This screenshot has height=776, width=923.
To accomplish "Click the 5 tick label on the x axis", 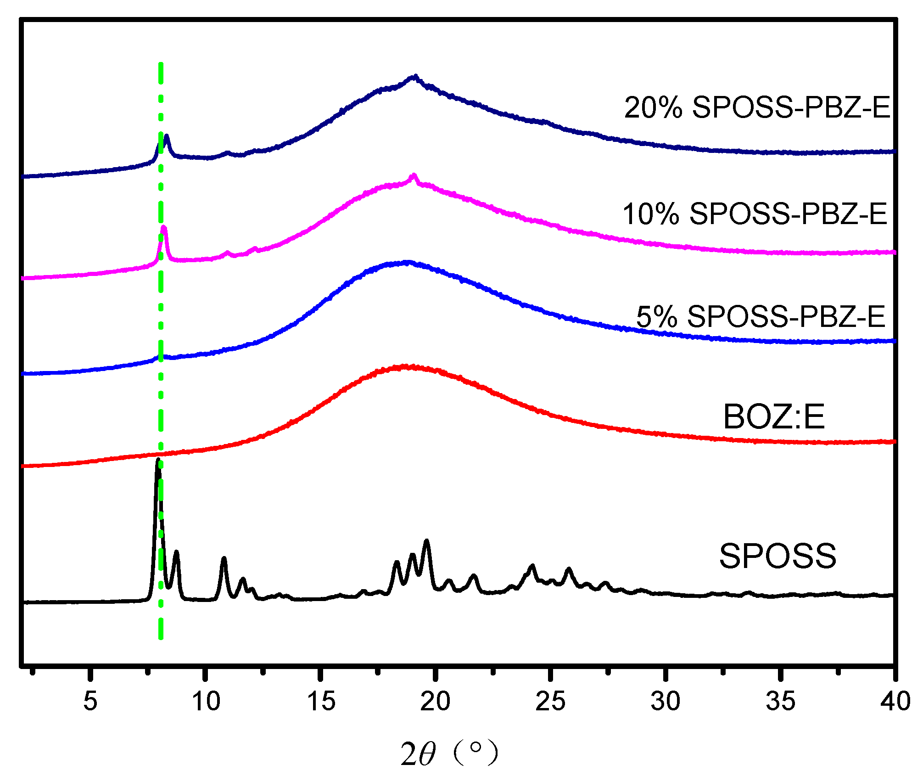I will click(x=90, y=702).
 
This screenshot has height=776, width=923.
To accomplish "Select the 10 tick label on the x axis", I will click(x=206, y=702).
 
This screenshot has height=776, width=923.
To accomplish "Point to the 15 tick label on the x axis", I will click(x=321, y=702).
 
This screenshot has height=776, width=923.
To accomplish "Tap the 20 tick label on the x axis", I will click(x=436, y=702).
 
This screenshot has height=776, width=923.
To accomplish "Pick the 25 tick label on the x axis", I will click(x=550, y=702).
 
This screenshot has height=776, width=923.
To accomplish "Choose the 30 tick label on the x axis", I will click(x=666, y=702).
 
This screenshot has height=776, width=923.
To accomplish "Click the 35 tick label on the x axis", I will click(x=780, y=702).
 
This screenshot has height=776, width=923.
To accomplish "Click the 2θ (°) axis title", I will click(x=449, y=753).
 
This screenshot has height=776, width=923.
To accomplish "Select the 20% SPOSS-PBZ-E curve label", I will click(x=757, y=108).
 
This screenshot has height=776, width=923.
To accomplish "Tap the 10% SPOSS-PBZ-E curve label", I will click(x=755, y=214).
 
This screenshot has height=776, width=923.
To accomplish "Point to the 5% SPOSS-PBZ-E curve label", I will click(x=761, y=316).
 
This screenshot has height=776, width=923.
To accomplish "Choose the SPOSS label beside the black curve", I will click(x=778, y=556).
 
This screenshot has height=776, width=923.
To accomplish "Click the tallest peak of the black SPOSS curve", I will click(x=158, y=460).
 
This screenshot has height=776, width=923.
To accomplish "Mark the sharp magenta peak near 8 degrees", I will click(x=164, y=227).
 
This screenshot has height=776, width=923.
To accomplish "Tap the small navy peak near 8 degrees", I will click(x=167, y=136).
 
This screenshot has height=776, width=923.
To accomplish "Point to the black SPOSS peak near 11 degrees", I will click(x=224, y=558).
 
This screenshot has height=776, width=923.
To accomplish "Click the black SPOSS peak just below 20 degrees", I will click(x=427, y=541).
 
